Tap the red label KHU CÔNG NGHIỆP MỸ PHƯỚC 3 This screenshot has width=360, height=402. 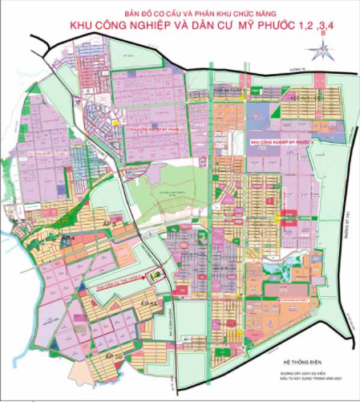point(280,140)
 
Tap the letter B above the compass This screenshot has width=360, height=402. point(322,35)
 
